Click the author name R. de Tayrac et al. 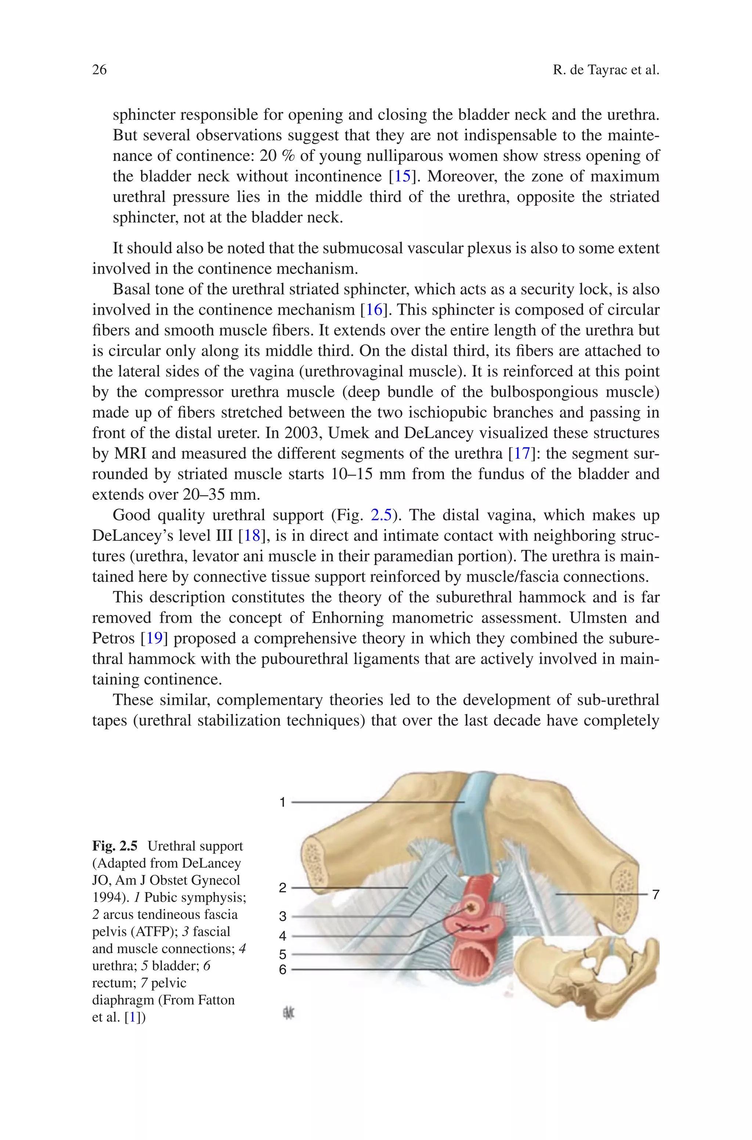click(x=606, y=70)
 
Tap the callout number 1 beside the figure click(x=282, y=802)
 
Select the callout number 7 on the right click(x=655, y=894)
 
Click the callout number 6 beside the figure click(x=282, y=970)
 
